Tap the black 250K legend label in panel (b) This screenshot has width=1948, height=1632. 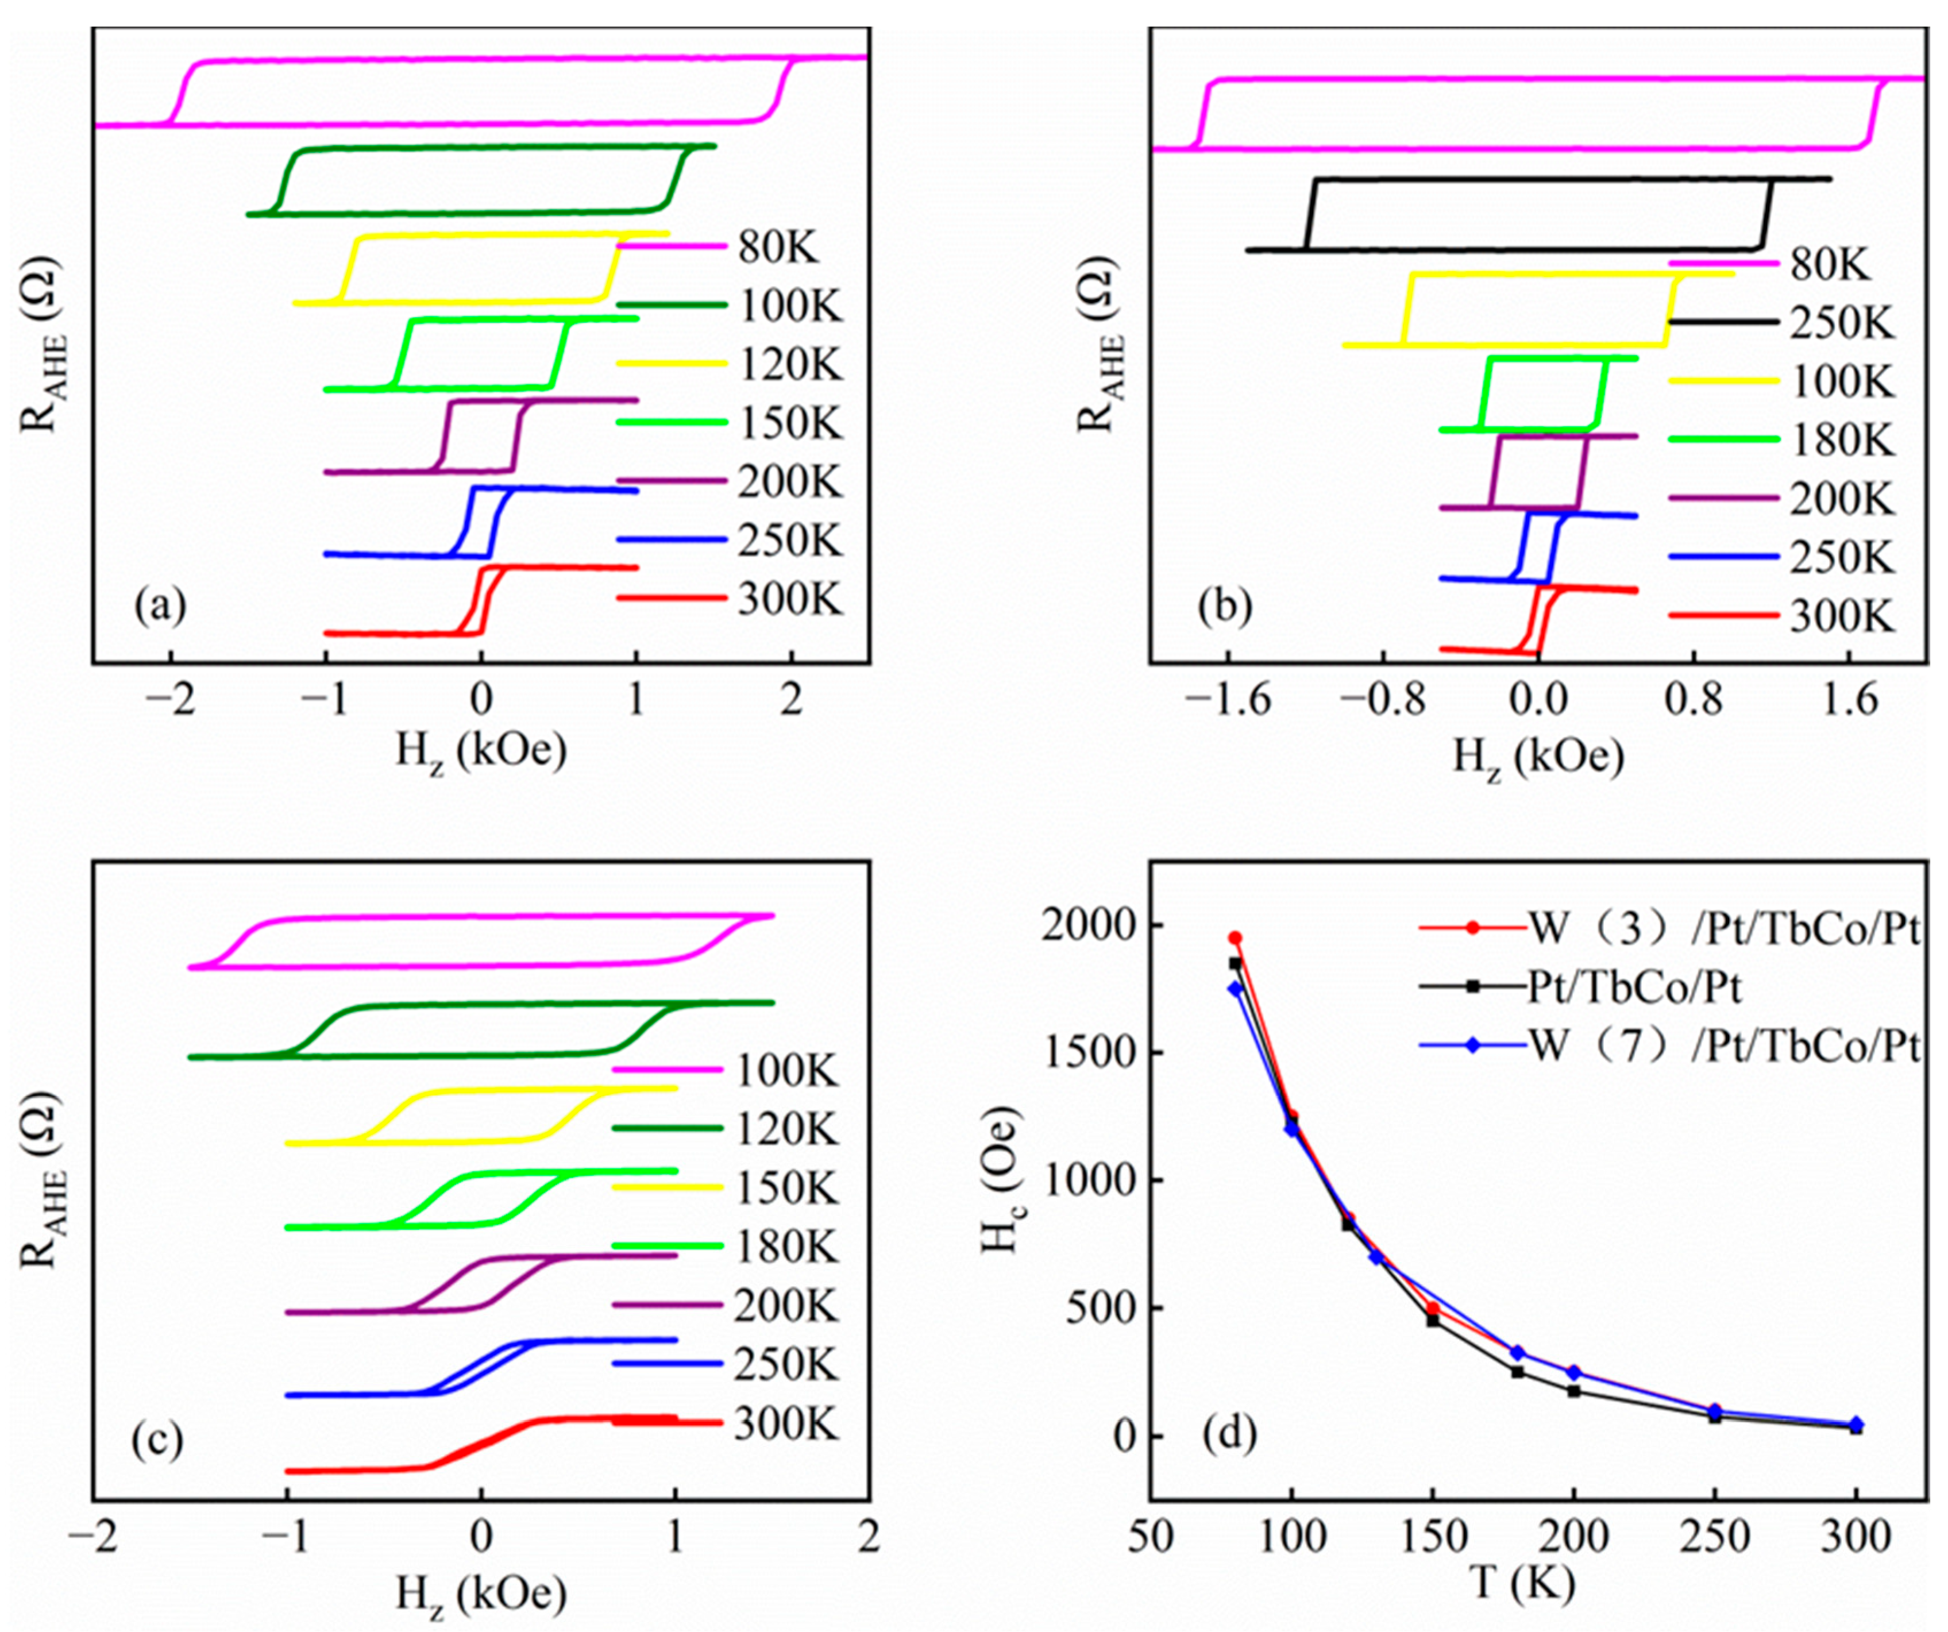[1841, 324]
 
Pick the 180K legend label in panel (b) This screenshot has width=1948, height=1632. [1841, 441]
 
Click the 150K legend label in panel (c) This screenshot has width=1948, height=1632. [786, 1189]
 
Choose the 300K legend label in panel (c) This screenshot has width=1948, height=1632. [786, 1423]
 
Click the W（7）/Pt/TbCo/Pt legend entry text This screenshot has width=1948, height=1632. [1723, 1047]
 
